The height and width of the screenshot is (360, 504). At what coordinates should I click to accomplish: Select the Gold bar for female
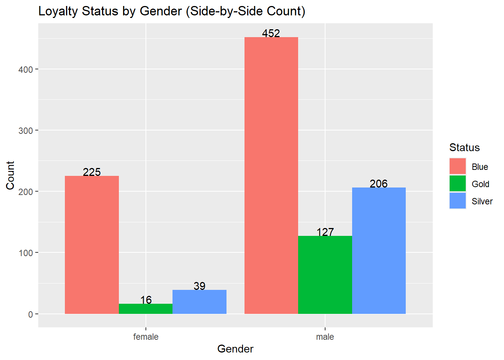point(145,309)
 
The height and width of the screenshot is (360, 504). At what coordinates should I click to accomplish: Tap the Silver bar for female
point(199,302)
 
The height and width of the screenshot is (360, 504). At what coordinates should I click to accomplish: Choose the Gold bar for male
point(325,275)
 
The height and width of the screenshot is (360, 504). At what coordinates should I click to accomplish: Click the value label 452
point(271,33)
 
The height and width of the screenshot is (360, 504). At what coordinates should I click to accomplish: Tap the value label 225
point(92,172)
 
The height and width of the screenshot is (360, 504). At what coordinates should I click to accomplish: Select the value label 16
point(146,300)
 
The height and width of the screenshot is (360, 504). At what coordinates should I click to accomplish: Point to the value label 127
point(325,232)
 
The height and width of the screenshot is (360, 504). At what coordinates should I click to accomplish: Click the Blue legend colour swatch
point(457,166)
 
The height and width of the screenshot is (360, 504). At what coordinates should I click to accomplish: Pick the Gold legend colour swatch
point(457,184)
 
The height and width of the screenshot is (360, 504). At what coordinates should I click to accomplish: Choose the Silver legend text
point(482,201)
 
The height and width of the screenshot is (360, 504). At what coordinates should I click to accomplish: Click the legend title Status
point(465,147)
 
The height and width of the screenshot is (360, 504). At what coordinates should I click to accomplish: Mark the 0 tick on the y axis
point(30,314)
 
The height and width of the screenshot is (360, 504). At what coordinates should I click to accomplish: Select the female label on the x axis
point(146,337)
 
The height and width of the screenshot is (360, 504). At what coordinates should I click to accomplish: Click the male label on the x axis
point(325,337)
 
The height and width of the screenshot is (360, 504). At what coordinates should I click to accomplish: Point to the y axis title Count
point(10,175)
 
